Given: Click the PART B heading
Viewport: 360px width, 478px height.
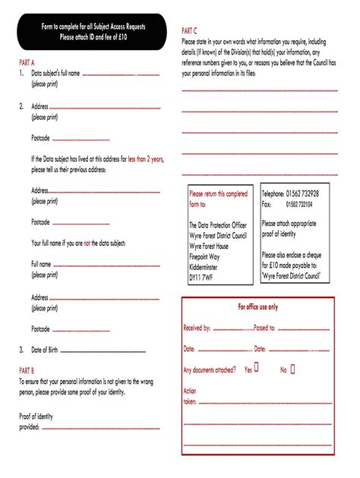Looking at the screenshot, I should point(27,370).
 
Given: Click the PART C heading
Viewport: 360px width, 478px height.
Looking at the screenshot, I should point(191,30).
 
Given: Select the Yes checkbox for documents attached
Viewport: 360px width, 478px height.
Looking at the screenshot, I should point(256,369).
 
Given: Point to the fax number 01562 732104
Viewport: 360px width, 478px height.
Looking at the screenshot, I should point(302,204).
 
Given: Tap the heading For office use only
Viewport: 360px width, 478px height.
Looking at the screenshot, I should point(258,307).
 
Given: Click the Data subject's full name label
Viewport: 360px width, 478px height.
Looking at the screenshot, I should point(55,74).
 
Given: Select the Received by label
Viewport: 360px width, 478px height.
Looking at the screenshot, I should point(197,328).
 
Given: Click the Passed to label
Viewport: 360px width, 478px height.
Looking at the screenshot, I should point(264,328).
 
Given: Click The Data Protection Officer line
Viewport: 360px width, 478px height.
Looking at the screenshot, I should point(218,225).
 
